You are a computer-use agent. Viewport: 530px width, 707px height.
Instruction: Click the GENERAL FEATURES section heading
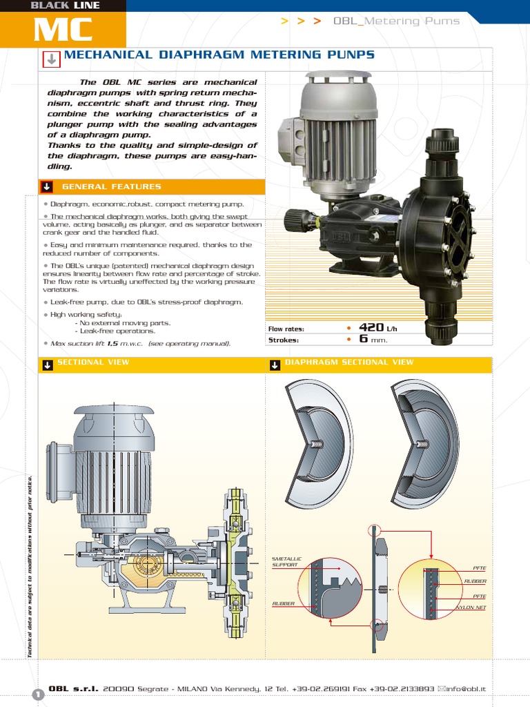click(111, 186)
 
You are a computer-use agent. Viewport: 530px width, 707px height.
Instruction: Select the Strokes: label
click(284, 340)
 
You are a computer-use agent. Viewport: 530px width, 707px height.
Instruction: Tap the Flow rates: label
click(286, 329)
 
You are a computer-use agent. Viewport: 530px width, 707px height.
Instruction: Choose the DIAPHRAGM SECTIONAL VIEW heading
click(349, 362)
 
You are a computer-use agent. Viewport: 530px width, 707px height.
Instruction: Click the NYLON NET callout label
click(471, 608)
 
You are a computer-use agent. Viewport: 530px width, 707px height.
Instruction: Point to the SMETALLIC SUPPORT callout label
click(285, 561)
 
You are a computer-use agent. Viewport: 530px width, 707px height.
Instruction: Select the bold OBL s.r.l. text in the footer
click(73, 688)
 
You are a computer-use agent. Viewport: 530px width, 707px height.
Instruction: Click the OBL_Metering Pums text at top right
click(396, 21)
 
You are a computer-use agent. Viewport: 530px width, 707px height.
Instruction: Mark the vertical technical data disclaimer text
click(30, 566)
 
